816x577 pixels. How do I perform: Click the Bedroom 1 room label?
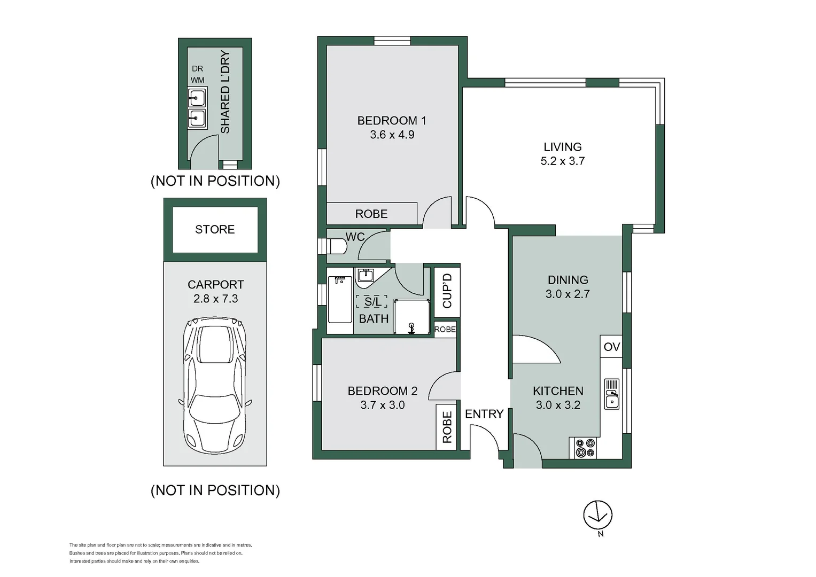[x=391, y=121]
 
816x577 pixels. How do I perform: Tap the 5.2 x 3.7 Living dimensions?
[x=562, y=161]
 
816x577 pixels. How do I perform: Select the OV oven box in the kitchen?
[x=611, y=347]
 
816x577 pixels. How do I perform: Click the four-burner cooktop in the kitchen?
[x=585, y=448]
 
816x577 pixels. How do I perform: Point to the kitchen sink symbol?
[x=611, y=394]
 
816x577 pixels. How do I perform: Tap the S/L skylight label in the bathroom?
[x=372, y=302]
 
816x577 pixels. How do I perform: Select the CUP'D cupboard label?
[x=447, y=291]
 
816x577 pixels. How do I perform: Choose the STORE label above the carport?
[x=215, y=229]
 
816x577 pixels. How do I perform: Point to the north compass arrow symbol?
[x=597, y=515]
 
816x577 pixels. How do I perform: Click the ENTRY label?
[x=484, y=414]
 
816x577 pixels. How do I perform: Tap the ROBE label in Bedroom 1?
[x=371, y=214]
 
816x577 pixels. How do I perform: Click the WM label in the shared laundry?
[x=197, y=80]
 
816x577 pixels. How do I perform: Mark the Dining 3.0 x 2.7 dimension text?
[x=568, y=294]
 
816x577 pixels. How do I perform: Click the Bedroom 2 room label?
[x=383, y=391]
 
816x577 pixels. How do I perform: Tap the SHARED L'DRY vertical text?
[x=225, y=92]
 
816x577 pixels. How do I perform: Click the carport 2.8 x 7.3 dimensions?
[x=215, y=299]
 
